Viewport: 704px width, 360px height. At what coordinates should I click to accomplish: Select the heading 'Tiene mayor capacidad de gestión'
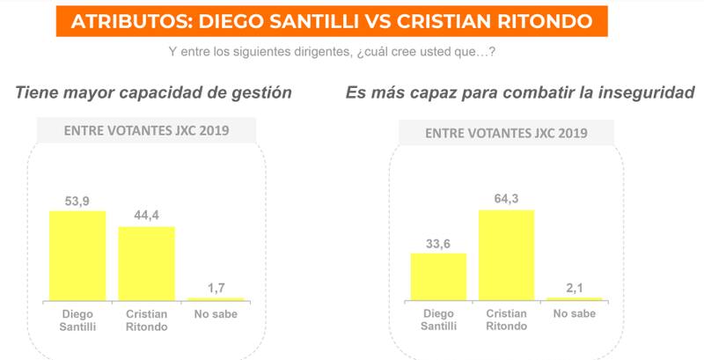tap(153, 92)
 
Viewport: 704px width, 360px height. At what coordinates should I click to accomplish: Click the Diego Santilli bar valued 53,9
tap(77, 256)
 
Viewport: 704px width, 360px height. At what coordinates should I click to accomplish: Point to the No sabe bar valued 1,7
tap(215, 299)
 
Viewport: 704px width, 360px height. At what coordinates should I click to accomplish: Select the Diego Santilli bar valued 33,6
tap(437, 277)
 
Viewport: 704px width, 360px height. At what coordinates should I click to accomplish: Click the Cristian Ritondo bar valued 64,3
tap(506, 255)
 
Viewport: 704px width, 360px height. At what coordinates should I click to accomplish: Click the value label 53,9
tap(77, 202)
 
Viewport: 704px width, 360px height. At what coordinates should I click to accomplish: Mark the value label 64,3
tap(506, 200)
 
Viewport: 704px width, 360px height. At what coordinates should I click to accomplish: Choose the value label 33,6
tap(437, 244)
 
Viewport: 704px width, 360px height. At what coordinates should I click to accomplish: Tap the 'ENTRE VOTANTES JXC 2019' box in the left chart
tap(146, 131)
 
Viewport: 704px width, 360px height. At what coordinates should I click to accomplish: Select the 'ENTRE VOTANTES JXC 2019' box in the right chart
tap(506, 133)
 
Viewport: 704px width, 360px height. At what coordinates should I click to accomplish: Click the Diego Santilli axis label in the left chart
tap(77, 320)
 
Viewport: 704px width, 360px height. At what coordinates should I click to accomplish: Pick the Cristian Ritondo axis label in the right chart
tap(506, 320)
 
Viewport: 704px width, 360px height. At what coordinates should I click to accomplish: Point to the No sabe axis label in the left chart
tap(215, 314)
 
